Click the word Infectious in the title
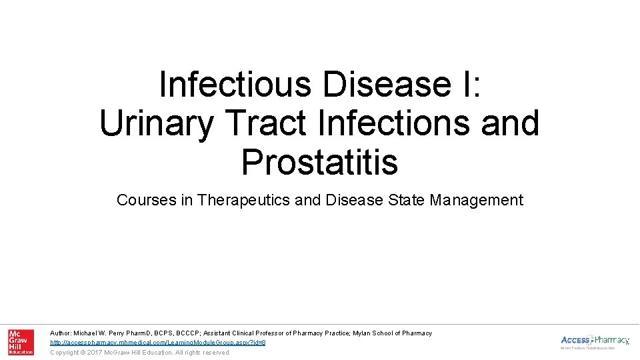tap(235, 85)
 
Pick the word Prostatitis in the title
tap(319, 162)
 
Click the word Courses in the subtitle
tap(146, 200)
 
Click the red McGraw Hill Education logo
tap(21, 342)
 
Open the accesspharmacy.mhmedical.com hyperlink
tap(158, 342)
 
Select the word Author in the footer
tap(61, 333)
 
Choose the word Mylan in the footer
tap(365, 333)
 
